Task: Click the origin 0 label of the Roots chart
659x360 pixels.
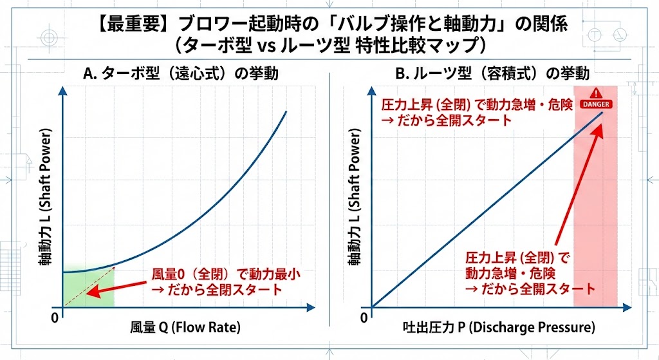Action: coord(364,317)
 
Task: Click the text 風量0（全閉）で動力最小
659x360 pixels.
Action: coord(225,274)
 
